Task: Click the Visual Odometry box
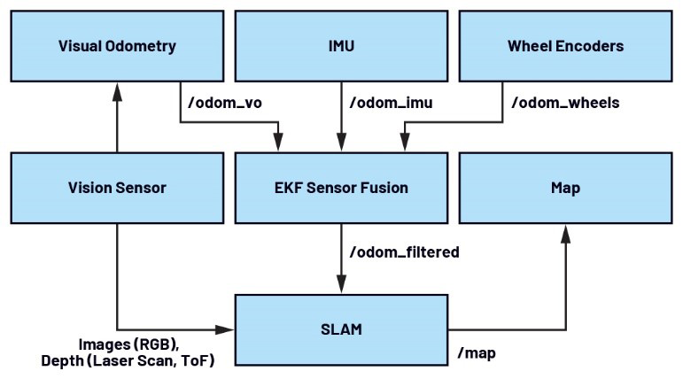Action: point(117,46)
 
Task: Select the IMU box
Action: point(342,46)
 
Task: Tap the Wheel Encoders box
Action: point(566,46)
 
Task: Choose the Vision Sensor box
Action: point(117,188)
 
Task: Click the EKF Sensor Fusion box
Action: point(342,188)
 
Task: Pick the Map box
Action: point(566,188)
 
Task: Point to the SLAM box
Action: point(342,329)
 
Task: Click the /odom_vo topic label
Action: point(225,103)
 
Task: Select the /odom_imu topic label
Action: point(392,103)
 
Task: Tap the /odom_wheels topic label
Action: point(565,103)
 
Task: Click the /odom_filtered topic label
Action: point(405,252)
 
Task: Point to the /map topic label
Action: point(477,352)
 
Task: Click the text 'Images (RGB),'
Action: point(128,344)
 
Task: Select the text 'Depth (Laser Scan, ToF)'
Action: point(128,360)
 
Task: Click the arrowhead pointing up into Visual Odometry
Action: point(117,92)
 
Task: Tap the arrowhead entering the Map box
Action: point(566,234)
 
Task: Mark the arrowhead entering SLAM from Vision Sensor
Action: point(225,329)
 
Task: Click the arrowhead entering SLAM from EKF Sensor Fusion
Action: point(342,284)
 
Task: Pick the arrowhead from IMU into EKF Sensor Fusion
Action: point(342,143)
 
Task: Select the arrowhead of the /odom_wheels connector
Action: point(405,143)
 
